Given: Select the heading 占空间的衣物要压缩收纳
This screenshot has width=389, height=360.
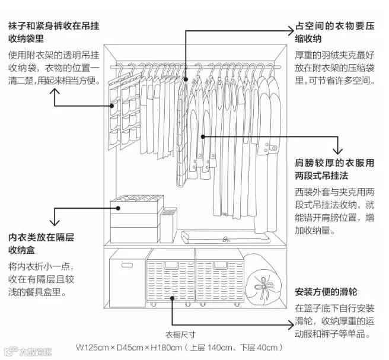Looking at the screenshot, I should [x=334, y=33].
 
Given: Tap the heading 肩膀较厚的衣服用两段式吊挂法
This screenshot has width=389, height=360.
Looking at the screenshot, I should [x=334, y=170].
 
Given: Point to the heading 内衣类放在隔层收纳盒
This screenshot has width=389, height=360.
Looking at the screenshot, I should [x=41, y=244].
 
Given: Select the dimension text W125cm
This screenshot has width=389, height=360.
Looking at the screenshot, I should [x=93, y=348].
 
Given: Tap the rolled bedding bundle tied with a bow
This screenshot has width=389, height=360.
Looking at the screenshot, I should [x=262, y=281].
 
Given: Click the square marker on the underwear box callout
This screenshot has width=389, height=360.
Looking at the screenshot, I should [x=119, y=208].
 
